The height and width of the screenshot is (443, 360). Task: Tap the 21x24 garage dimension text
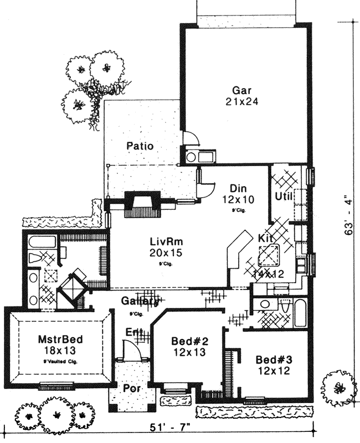[x=243, y=102]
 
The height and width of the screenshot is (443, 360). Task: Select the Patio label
[x=139, y=146]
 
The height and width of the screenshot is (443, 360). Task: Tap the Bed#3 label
[x=272, y=360]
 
